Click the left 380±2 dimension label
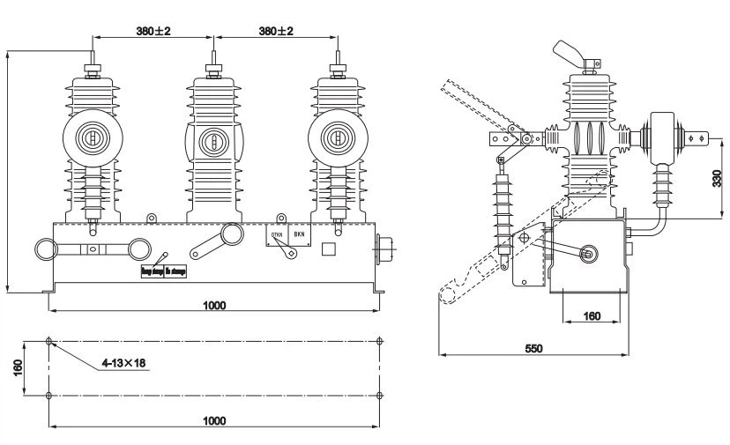point(153,30)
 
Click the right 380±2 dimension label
point(276,30)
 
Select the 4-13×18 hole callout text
point(123,361)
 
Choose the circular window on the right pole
point(335,138)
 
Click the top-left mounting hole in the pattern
point(49,340)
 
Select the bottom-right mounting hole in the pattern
point(379,395)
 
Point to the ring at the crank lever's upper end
point(232,234)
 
